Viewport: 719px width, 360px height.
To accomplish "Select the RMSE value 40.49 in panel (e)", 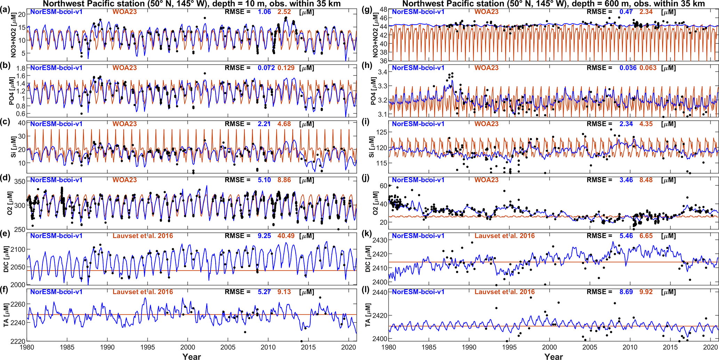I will coord(286,236).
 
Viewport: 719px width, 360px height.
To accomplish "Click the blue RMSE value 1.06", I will coord(264,12).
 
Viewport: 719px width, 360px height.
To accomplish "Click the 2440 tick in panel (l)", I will coord(381,293).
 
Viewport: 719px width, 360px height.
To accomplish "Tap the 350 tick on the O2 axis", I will coord(20,182).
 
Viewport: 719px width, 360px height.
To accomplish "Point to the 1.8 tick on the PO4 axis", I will coord(22,68).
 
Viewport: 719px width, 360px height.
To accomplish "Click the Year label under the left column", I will coord(192,356).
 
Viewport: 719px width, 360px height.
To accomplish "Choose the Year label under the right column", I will coord(553,356).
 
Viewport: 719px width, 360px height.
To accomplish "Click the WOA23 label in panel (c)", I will coord(125,124).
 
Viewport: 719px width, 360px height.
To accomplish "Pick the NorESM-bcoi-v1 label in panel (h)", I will coord(418,68).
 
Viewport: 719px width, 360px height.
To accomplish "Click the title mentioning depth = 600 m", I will coord(553,4).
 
